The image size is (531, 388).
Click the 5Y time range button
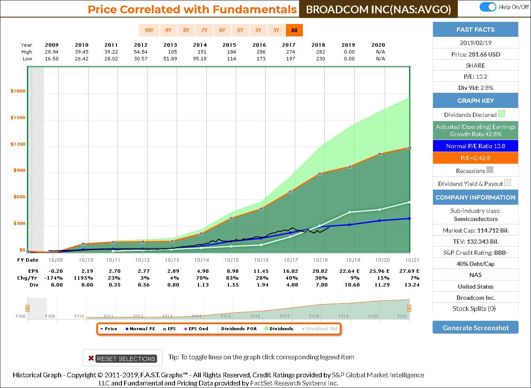pyautogui.click(x=240, y=30)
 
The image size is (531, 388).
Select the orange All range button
pyautogui.click(x=294, y=30)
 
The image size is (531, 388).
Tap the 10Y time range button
pyautogui.click(x=148, y=30)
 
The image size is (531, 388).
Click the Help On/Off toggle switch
pyautogui.click(x=487, y=7)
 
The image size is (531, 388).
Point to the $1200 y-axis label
pyautogui.click(x=18, y=144)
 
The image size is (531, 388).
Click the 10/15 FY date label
pyautogui.click(x=231, y=260)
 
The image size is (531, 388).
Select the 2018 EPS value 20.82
pyautogui.click(x=320, y=271)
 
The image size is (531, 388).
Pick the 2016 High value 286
pyautogui.click(x=259, y=52)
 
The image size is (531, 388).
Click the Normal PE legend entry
pyautogui.click(x=140, y=329)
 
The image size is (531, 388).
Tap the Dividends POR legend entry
pyautogui.click(x=237, y=329)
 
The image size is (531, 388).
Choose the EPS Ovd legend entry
pyautogui.click(x=198, y=329)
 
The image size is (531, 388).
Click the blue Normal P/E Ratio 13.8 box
pyautogui.click(x=475, y=146)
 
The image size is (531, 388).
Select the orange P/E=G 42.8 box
pyautogui.click(x=475, y=158)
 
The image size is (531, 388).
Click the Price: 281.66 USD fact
pyautogui.click(x=475, y=54)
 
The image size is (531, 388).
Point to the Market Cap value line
pyautogui.click(x=475, y=230)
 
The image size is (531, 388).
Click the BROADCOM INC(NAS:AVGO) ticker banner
pyautogui.click(x=378, y=9)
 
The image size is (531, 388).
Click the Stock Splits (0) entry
pyautogui.click(x=475, y=308)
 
